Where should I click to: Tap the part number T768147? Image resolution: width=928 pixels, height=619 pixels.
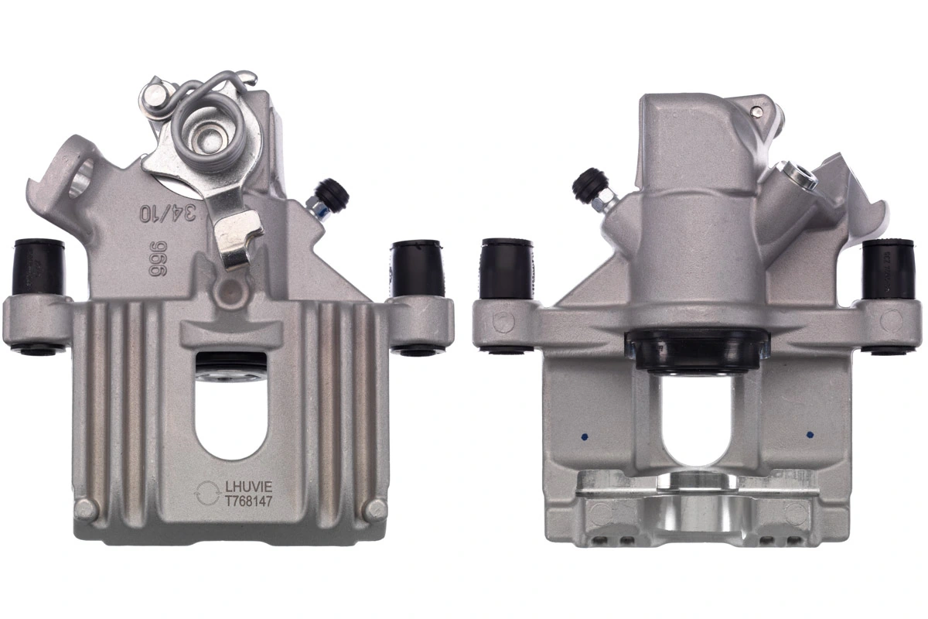pyautogui.click(x=247, y=501)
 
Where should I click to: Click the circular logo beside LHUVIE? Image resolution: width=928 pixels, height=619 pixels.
pyautogui.click(x=208, y=493)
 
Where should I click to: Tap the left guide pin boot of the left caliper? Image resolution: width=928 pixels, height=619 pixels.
pyautogui.click(x=38, y=267)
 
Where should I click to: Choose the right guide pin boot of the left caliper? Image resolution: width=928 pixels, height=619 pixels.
pyautogui.click(x=416, y=268)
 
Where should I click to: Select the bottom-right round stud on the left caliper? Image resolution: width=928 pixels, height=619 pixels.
pyautogui.click(x=376, y=508)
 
